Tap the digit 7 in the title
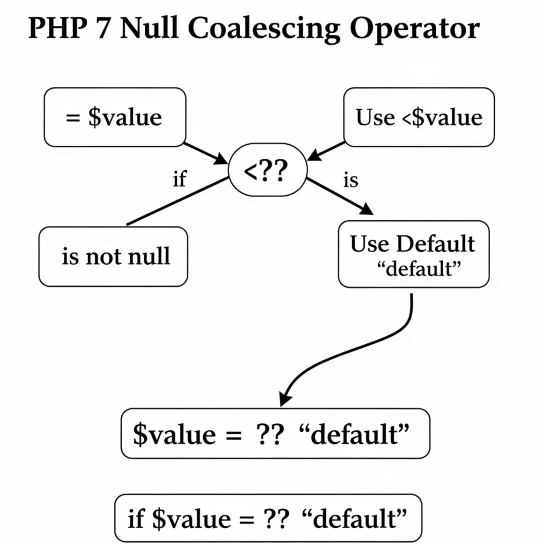point(103,28)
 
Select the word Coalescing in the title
point(264,29)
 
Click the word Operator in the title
point(414,29)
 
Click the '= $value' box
point(115,117)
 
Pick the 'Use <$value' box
point(419,117)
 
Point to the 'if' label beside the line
point(179,179)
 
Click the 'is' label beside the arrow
point(351,180)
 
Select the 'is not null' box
point(113,257)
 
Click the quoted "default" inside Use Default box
point(419,269)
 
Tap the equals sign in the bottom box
point(246,519)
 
